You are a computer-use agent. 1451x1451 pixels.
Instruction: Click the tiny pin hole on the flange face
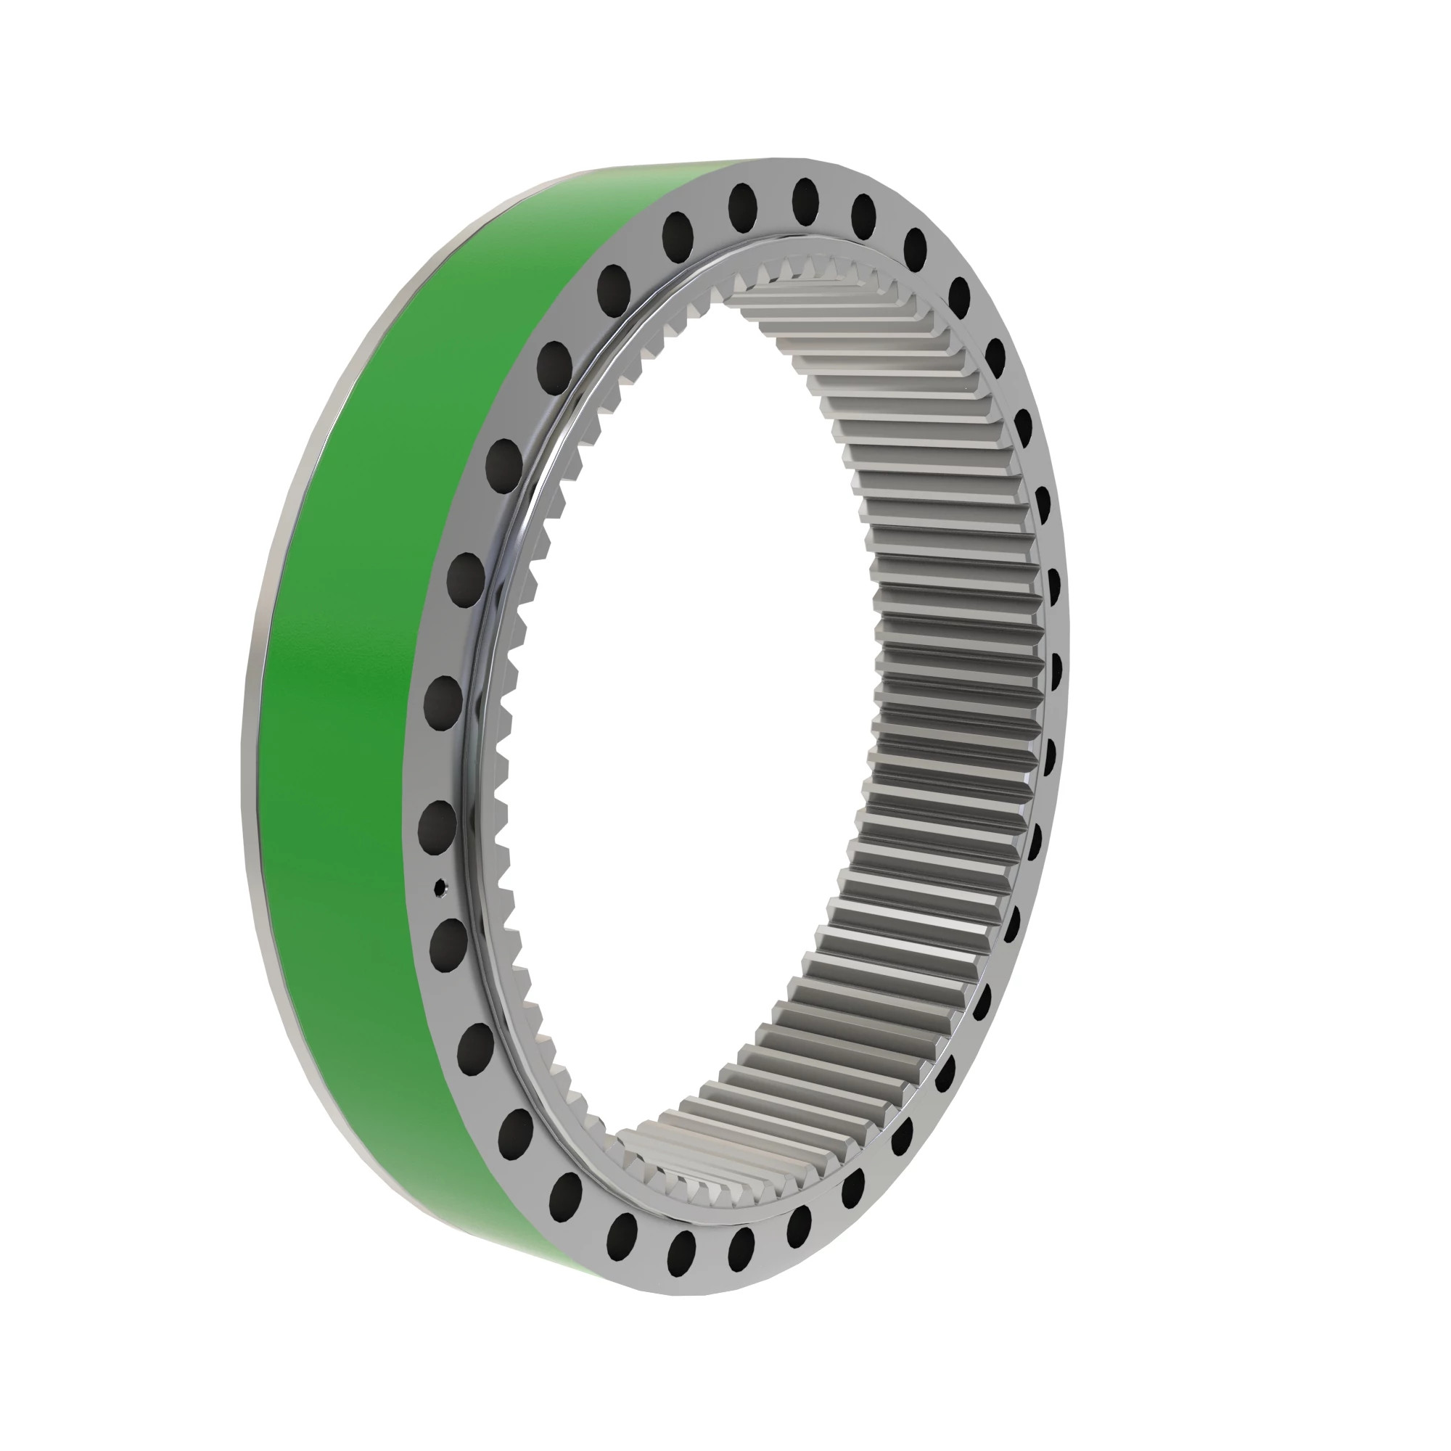pyautogui.click(x=441, y=888)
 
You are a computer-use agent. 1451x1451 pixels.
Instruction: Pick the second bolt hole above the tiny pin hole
pyautogui.click(x=443, y=703)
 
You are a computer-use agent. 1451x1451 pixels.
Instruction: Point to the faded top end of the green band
pyautogui.click(x=676, y=170)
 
